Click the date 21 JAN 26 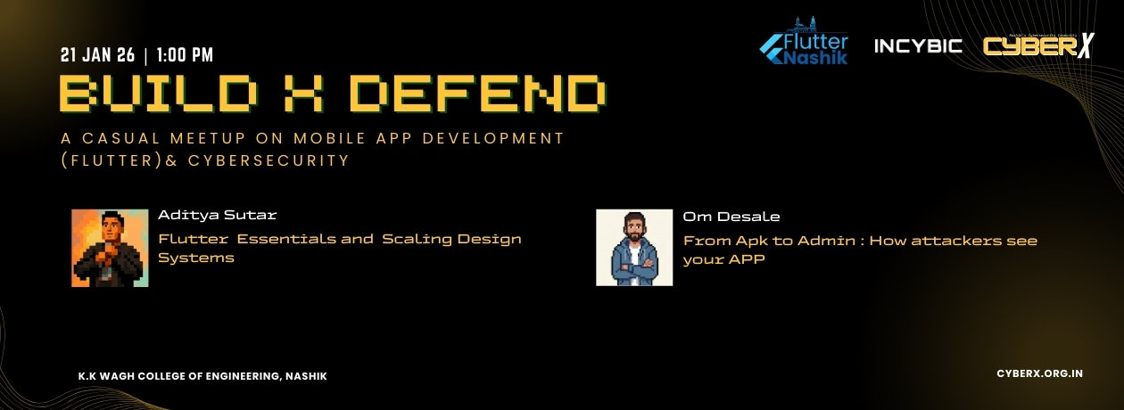[x=97, y=55]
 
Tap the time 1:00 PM [x=185, y=55]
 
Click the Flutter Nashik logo [x=804, y=44]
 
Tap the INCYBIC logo [x=918, y=45]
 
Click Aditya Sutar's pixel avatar [x=110, y=248]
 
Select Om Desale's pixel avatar [x=634, y=248]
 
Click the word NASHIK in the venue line [x=306, y=376]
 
